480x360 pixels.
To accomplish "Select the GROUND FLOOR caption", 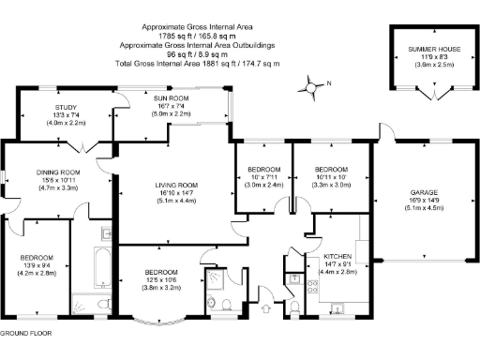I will click(25, 333).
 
